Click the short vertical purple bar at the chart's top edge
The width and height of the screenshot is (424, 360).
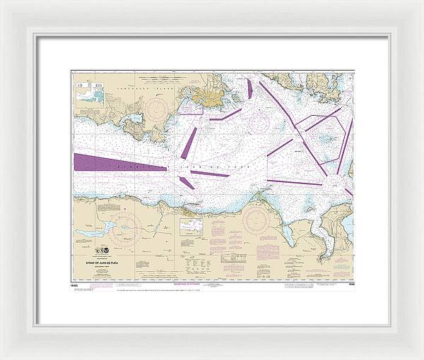pyautogui.click(x=249, y=90)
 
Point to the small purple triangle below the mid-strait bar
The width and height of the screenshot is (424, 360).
pyautogui.click(x=187, y=183)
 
